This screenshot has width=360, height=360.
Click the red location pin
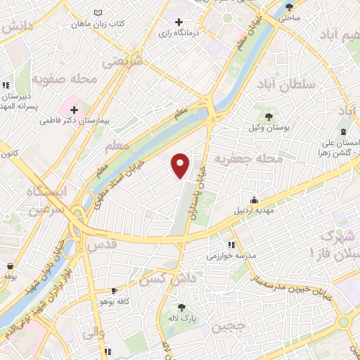181,165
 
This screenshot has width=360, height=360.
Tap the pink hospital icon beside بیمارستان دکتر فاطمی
73,110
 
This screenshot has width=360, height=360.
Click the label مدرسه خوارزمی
230,256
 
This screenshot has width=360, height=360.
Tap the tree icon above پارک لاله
182,306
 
